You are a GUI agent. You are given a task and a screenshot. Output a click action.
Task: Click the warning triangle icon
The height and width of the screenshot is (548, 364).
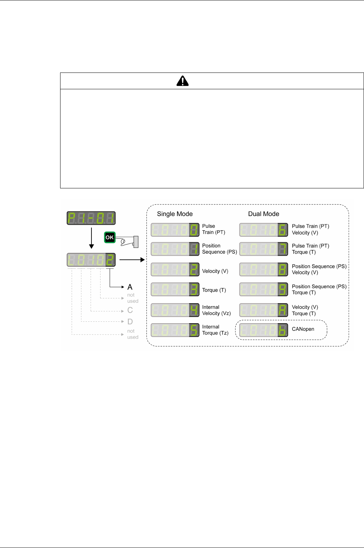[183, 81]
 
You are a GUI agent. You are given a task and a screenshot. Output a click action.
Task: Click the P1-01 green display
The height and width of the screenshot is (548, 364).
[91, 218]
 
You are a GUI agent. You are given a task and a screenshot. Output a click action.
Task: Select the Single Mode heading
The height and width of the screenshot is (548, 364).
[175, 214]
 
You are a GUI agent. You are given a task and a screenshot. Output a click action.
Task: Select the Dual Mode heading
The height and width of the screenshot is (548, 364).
[263, 214]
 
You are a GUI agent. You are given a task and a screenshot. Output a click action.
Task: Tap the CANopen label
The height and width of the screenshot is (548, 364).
[303, 329]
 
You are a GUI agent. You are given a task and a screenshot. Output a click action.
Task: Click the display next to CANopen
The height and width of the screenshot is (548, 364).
[263, 330]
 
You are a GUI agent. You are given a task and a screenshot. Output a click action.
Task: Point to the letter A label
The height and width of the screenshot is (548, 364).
[130, 287]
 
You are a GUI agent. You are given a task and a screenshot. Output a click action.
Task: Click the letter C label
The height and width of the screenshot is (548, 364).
[130, 310]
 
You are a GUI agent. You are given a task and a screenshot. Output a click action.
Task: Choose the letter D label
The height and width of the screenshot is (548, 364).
[130, 322]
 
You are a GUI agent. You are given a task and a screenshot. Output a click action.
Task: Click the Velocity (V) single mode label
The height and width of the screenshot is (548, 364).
[215, 271]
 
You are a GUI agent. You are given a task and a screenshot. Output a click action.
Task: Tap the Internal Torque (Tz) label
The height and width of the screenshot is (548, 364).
[215, 330]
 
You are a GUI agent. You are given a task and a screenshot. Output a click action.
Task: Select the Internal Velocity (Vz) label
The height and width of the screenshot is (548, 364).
[216, 310]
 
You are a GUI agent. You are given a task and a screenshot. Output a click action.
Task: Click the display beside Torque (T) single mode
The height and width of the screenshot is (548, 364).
[175, 290]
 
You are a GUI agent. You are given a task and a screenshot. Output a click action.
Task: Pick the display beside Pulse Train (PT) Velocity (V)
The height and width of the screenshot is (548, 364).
[263, 230]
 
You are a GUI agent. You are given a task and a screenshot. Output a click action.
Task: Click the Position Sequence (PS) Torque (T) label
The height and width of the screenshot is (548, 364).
[319, 289]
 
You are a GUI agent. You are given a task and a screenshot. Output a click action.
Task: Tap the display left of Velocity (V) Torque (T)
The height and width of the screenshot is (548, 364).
[263, 310]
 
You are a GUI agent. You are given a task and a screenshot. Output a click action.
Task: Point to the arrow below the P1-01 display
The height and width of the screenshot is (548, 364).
[91, 237]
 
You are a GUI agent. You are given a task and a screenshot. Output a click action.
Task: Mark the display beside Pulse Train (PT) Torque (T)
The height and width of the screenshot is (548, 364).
[263, 249]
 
